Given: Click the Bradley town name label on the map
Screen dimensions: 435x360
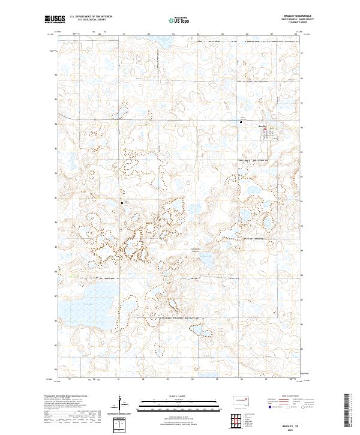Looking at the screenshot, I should tap(262, 126).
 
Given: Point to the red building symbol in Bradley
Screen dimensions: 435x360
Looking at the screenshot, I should tap(268, 130).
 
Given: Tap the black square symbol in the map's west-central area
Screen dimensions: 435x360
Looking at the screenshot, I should tap(122, 203).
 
